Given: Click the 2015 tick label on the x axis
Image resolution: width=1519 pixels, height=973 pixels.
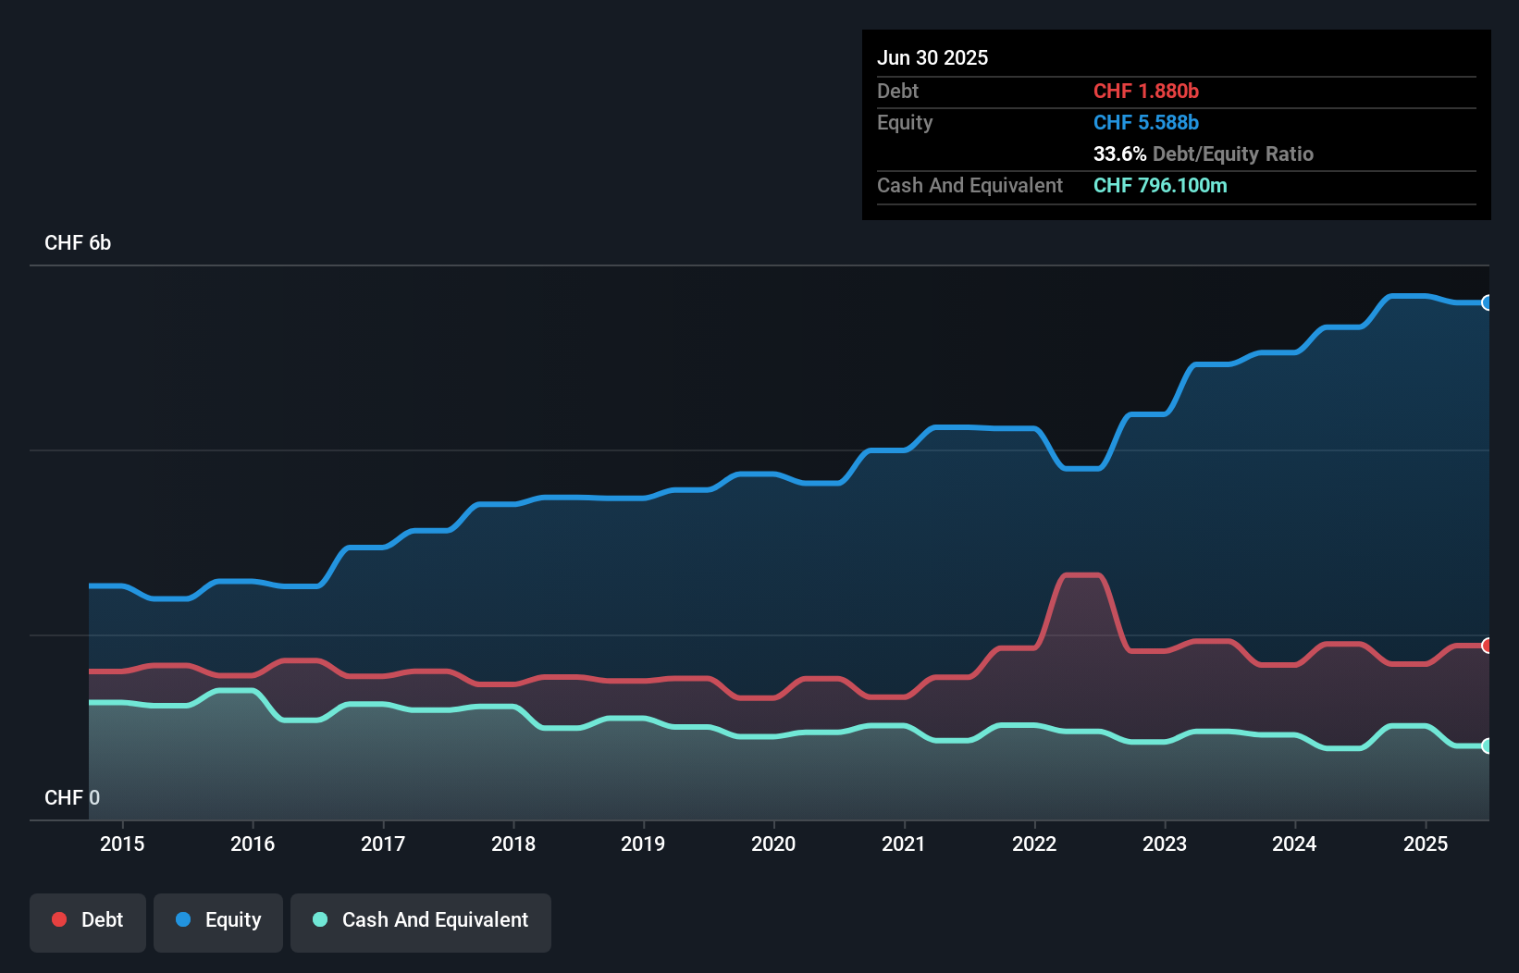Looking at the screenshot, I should (x=122, y=844).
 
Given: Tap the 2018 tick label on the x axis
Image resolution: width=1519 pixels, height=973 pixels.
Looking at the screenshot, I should (x=513, y=844).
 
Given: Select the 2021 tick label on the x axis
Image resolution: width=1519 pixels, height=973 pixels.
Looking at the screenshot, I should (x=904, y=844).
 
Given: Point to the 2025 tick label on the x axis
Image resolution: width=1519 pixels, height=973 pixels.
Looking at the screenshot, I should (x=1426, y=844).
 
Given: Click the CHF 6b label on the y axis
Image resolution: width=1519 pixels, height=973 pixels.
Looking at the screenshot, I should (x=78, y=243).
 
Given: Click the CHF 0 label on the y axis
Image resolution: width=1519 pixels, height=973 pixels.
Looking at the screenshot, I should (x=72, y=797).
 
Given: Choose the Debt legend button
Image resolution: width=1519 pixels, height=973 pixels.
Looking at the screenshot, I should (x=88, y=920).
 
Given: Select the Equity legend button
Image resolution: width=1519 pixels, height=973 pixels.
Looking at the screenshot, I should (x=218, y=920).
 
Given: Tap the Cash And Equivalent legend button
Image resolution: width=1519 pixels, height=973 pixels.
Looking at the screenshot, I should (x=421, y=920).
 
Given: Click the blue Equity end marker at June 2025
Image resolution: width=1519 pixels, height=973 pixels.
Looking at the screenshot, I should (x=1487, y=302).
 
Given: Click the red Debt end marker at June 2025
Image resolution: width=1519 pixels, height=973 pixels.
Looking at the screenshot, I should (x=1487, y=646).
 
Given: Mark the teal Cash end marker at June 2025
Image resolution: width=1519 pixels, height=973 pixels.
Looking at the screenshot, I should (x=1487, y=745).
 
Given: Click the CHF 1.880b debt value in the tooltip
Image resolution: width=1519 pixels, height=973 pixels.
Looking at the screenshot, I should (x=1145, y=91).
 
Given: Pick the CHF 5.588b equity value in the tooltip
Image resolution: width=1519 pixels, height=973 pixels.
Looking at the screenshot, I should (x=1145, y=122).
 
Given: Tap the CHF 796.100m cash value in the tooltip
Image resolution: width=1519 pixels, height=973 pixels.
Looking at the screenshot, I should (x=1160, y=185).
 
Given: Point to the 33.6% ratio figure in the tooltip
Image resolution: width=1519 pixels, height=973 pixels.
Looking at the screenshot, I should (x=1119, y=154).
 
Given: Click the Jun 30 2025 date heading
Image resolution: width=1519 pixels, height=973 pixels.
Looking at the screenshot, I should (x=932, y=57).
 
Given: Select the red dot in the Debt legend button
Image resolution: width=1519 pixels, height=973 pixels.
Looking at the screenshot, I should (x=59, y=919).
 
